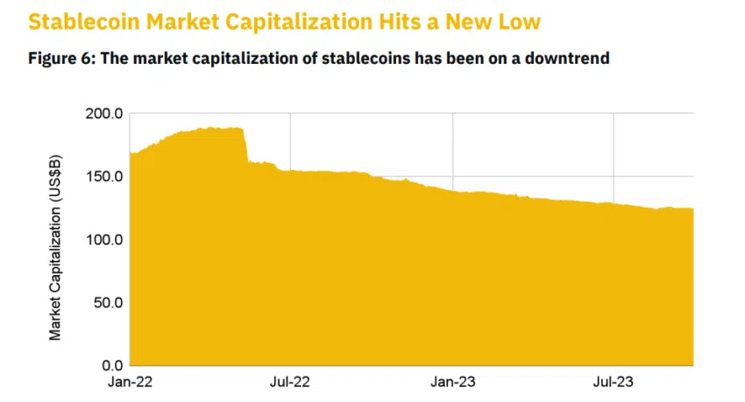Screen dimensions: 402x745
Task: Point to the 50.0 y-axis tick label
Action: (105, 303)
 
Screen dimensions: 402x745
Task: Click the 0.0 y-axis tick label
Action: (109, 365)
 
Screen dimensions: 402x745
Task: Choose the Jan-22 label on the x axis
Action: (130, 384)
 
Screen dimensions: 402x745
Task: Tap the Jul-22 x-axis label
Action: (291, 384)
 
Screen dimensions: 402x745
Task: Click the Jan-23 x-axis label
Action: (452, 384)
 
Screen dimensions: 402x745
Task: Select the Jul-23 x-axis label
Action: (614, 384)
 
